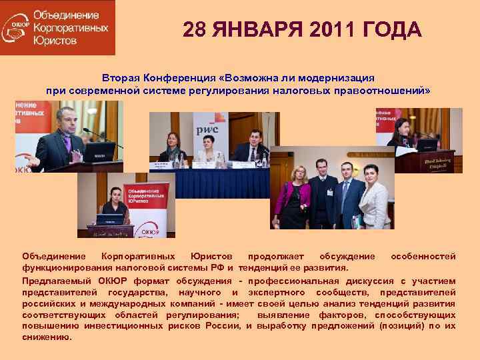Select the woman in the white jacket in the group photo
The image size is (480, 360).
(x=373, y=200)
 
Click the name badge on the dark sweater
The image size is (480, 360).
(x=329, y=193)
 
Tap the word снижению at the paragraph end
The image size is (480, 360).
(x=46, y=337)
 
